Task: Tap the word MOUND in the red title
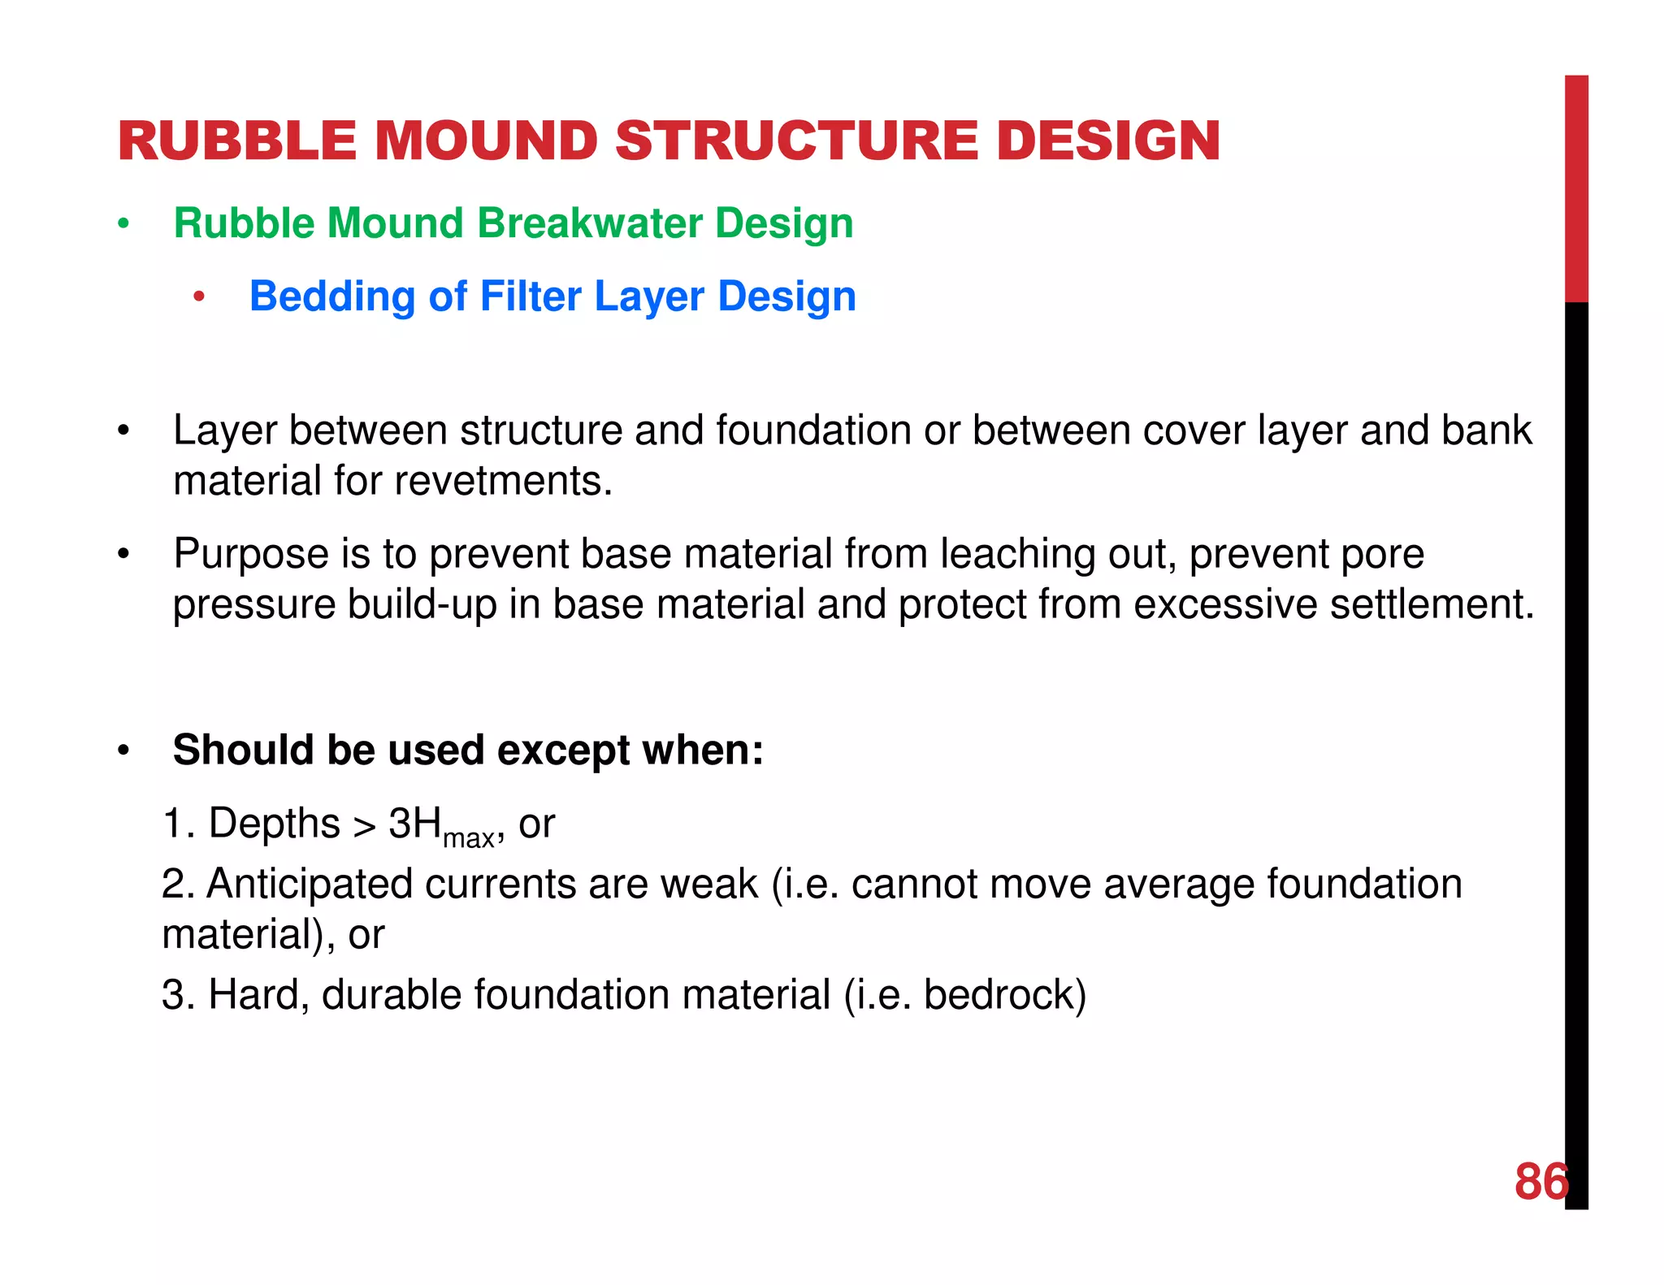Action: point(485,141)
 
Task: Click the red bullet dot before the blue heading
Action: point(198,297)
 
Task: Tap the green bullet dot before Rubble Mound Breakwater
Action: point(123,224)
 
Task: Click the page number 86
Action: point(1540,1181)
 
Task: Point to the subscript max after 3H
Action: point(468,837)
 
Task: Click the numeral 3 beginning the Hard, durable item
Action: point(172,994)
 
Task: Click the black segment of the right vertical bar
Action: point(1576,731)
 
